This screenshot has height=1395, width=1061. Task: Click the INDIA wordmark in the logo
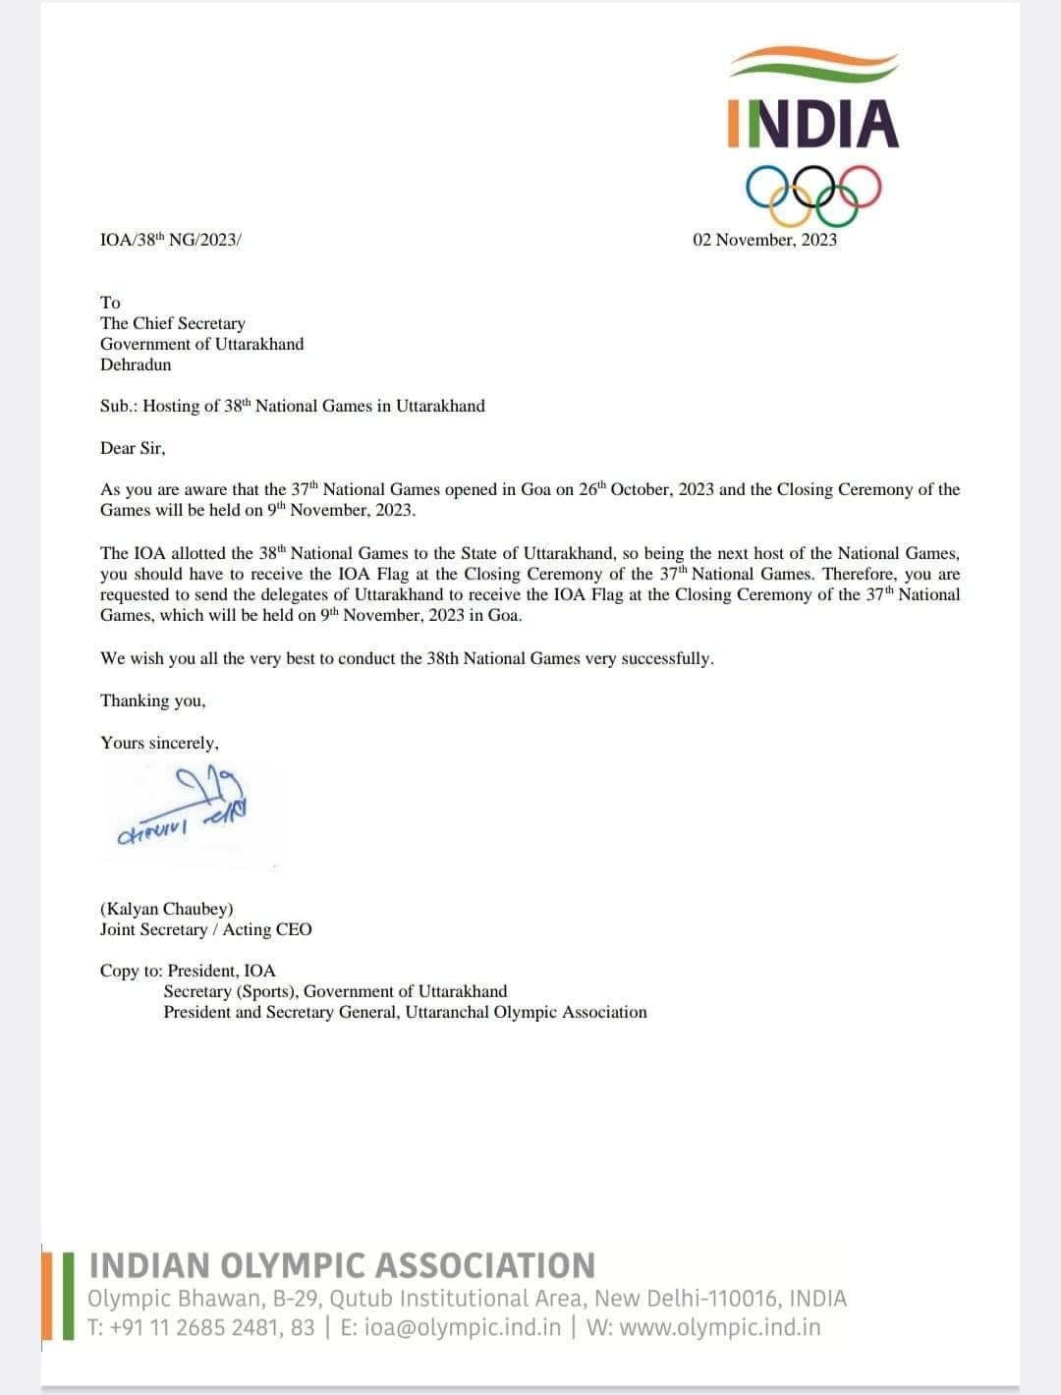click(813, 124)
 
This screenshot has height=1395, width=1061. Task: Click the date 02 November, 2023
click(764, 240)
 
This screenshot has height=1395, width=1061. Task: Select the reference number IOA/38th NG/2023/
click(170, 240)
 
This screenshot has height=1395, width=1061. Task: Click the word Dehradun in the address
click(136, 364)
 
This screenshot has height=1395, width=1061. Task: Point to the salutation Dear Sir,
click(133, 448)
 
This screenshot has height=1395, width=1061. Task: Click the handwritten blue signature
click(196, 801)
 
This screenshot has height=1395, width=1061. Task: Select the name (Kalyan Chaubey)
click(167, 909)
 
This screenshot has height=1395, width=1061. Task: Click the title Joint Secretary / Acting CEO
click(205, 929)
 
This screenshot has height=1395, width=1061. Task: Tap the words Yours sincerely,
click(159, 743)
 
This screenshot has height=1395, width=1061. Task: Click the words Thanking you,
click(152, 700)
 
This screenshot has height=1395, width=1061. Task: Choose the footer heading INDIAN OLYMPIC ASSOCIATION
click(342, 1265)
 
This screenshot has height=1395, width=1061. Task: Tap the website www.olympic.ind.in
click(720, 1327)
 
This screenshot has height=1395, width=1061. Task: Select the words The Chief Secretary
click(173, 323)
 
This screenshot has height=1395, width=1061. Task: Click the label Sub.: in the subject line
click(119, 406)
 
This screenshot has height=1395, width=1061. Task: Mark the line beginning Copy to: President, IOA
click(188, 971)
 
